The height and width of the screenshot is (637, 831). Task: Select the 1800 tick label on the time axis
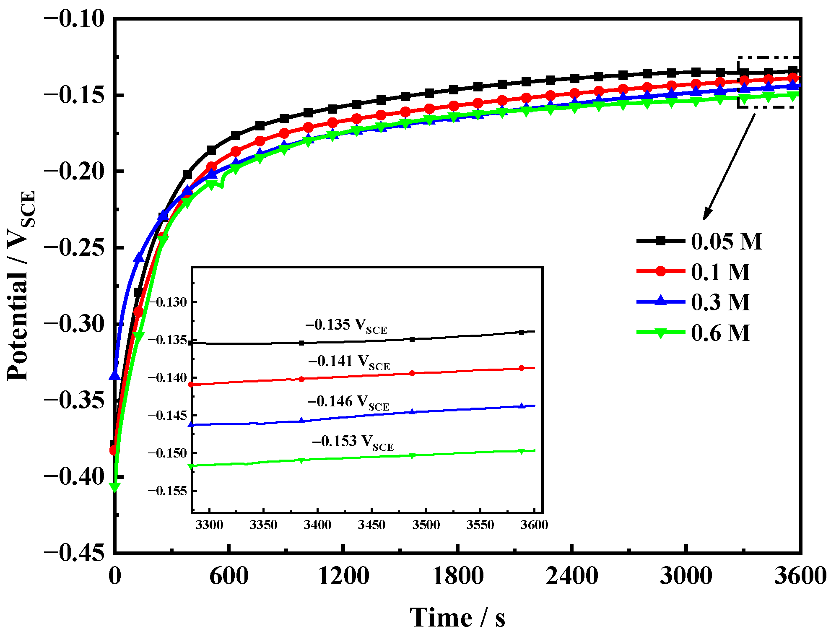pyautogui.click(x=457, y=576)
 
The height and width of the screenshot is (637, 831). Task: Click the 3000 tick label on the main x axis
pyautogui.click(x=686, y=576)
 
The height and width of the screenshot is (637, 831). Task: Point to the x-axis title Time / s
pyautogui.click(x=457, y=618)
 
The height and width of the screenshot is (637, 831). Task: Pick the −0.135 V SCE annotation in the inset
pyautogui.click(x=346, y=325)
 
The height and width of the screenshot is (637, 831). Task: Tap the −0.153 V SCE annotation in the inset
pyautogui.click(x=353, y=442)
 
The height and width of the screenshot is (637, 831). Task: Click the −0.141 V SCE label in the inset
pyautogui.click(x=349, y=362)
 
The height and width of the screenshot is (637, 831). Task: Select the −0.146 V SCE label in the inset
pyautogui.click(x=348, y=402)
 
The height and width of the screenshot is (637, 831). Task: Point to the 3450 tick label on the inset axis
pyautogui.click(x=371, y=525)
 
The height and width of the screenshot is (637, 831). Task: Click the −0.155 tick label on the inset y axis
pyautogui.click(x=167, y=491)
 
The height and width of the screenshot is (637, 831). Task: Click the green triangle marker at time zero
pyautogui.click(x=114, y=487)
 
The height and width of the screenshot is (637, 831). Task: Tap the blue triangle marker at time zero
pyautogui.click(x=115, y=375)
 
